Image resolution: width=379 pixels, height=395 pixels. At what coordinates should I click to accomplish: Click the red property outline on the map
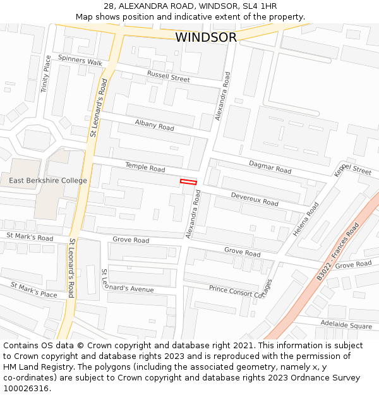188,182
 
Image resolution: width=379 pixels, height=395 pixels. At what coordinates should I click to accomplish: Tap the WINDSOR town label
206,37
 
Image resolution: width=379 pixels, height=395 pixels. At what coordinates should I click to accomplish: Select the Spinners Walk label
80,61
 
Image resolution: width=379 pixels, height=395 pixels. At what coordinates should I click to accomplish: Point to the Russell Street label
168,76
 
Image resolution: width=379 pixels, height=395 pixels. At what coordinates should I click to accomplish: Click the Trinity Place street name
47,74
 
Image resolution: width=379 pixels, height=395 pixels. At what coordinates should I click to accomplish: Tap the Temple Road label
145,167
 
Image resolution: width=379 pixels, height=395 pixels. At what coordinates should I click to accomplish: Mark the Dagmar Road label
270,167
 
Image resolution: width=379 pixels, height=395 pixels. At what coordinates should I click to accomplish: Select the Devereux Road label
255,199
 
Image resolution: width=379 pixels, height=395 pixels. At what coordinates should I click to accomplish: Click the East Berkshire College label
48,181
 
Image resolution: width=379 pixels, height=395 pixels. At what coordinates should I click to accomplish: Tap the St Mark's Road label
30,236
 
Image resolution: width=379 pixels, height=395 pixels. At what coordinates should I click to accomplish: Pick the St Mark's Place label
33,289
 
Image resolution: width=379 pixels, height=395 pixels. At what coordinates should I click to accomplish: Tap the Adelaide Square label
346,325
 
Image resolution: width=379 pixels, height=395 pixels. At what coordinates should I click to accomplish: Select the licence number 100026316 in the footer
26,388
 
